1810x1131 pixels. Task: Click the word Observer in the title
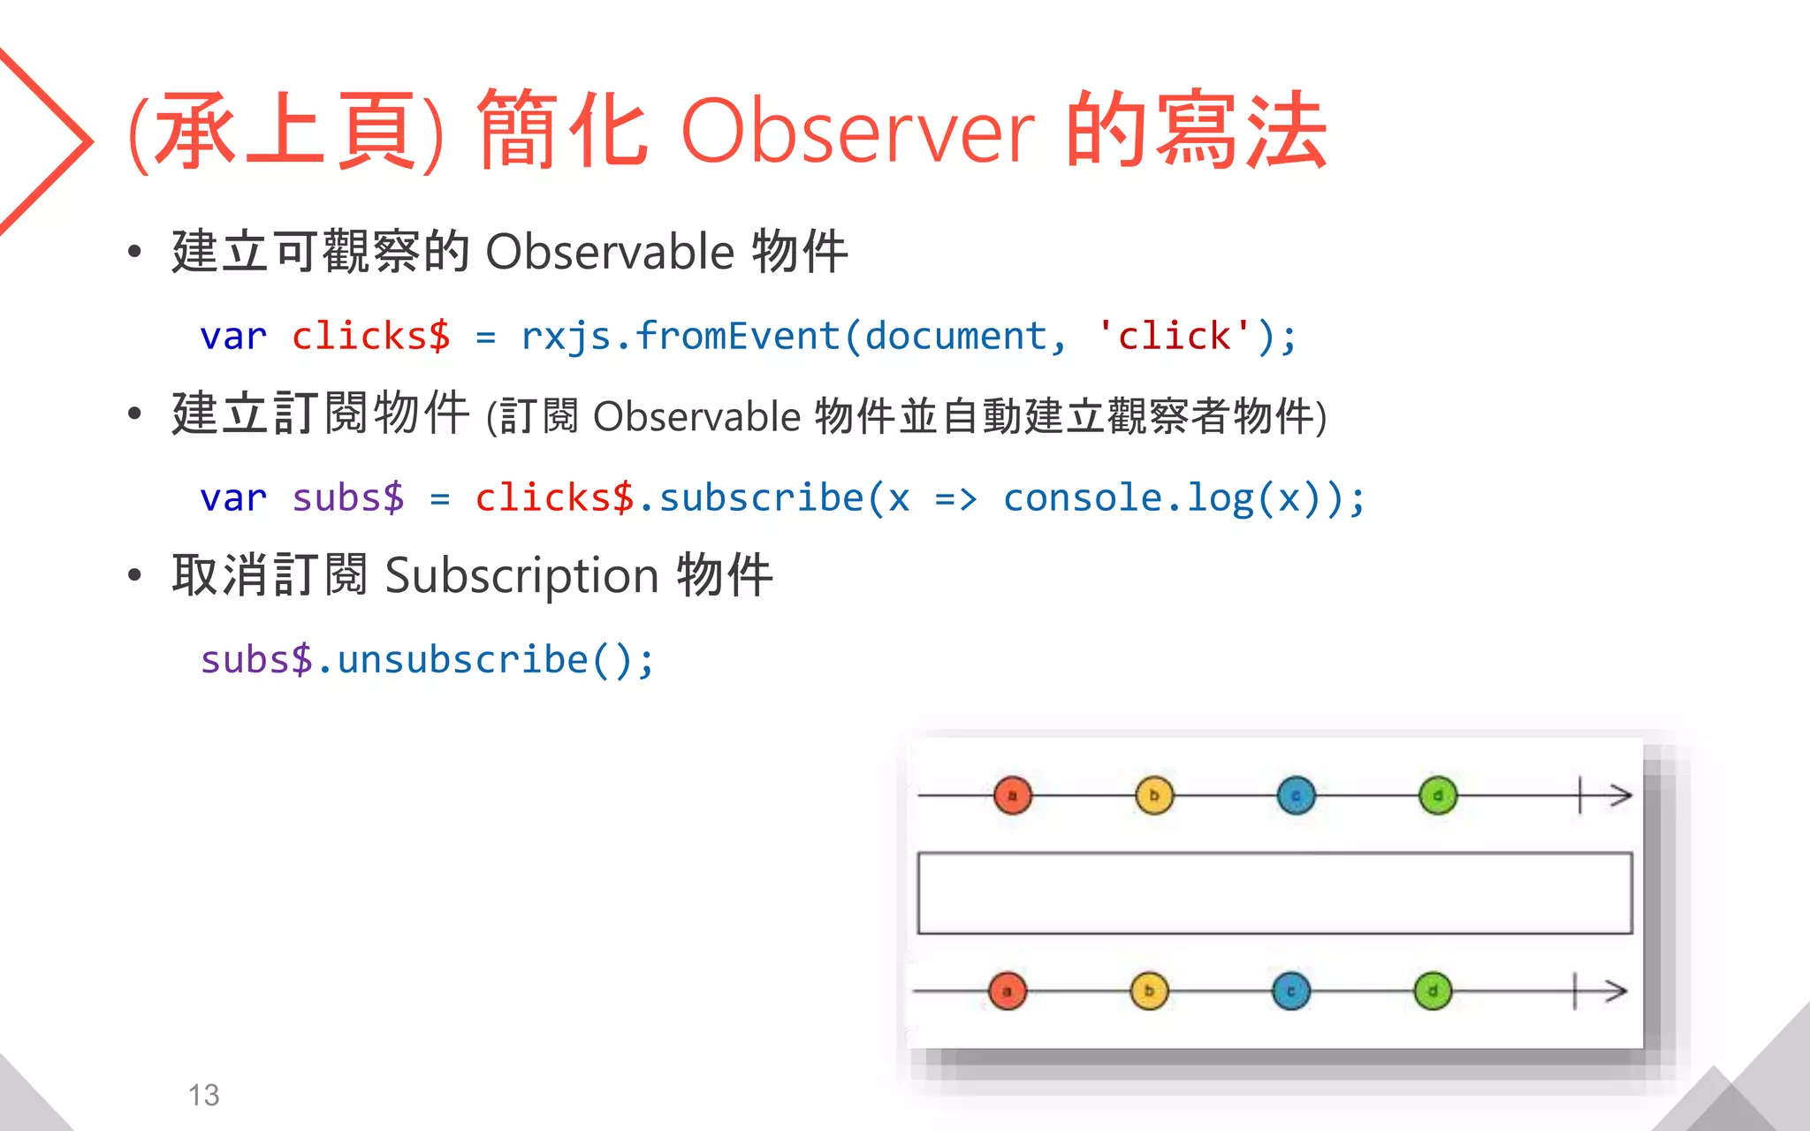(856, 133)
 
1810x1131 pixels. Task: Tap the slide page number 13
(203, 1096)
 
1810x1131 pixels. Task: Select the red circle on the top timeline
(1013, 795)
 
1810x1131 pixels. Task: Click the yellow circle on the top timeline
(1154, 795)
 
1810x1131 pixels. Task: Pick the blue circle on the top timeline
(1296, 795)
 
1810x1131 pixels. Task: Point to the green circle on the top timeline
(1438, 795)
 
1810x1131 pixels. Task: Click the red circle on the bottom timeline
(1008, 991)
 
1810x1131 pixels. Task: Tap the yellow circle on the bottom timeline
(1149, 991)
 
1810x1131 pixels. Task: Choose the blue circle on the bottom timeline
(1291, 991)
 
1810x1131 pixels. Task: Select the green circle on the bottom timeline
(1433, 991)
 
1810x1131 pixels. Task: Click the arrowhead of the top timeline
(1621, 795)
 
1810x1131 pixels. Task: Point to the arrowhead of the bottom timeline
(1616, 991)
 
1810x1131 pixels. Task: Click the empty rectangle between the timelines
(1274, 892)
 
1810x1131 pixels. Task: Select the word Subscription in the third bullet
(521, 576)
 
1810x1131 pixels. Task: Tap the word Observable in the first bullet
(610, 252)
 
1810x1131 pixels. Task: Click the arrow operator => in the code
(955, 499)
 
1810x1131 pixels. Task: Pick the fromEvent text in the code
(737, 337)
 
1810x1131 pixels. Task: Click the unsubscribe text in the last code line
(462, 660)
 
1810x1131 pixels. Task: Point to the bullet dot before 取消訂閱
(134, 576)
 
